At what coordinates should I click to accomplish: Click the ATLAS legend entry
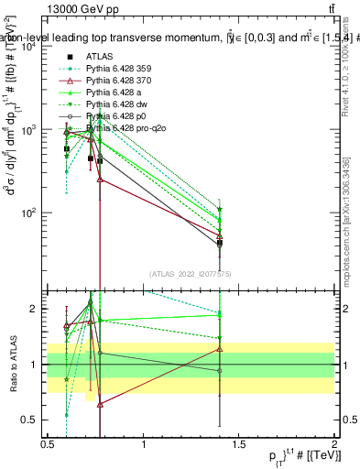click(102, 56)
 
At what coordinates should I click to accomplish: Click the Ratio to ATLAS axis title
click(13, 365)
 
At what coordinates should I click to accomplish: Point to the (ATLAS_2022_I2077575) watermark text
click(191, 273)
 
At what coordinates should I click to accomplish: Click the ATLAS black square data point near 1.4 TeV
click(220, 243)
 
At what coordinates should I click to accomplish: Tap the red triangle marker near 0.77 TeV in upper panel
click(100, 180)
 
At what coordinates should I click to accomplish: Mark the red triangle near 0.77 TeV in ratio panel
click(100, 403)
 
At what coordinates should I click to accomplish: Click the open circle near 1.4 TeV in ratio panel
click(220, 371)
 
